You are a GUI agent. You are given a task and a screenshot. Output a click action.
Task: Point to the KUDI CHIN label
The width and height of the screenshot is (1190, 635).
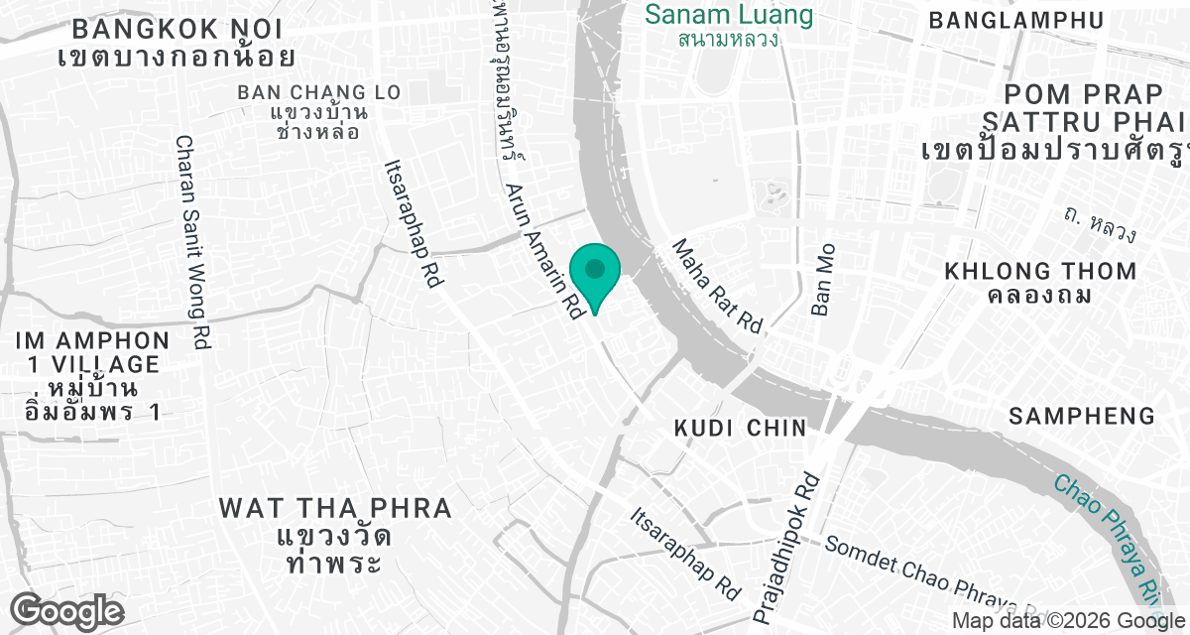click(740, 428)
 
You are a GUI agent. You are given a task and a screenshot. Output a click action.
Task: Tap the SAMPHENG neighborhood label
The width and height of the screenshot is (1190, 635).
click(1082, 417)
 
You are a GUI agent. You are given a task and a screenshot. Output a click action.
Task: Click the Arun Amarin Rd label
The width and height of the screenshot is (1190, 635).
click(543, 250)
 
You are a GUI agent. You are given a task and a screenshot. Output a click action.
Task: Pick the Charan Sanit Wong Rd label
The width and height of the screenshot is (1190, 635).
click(193, 242)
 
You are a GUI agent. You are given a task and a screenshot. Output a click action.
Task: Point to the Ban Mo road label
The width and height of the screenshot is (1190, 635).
click(824, 280)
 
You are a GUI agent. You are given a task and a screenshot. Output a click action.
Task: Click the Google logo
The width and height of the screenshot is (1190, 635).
click(67, 611)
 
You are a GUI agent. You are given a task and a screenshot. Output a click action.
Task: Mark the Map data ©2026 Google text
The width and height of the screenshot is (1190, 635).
click(1065, 622)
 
